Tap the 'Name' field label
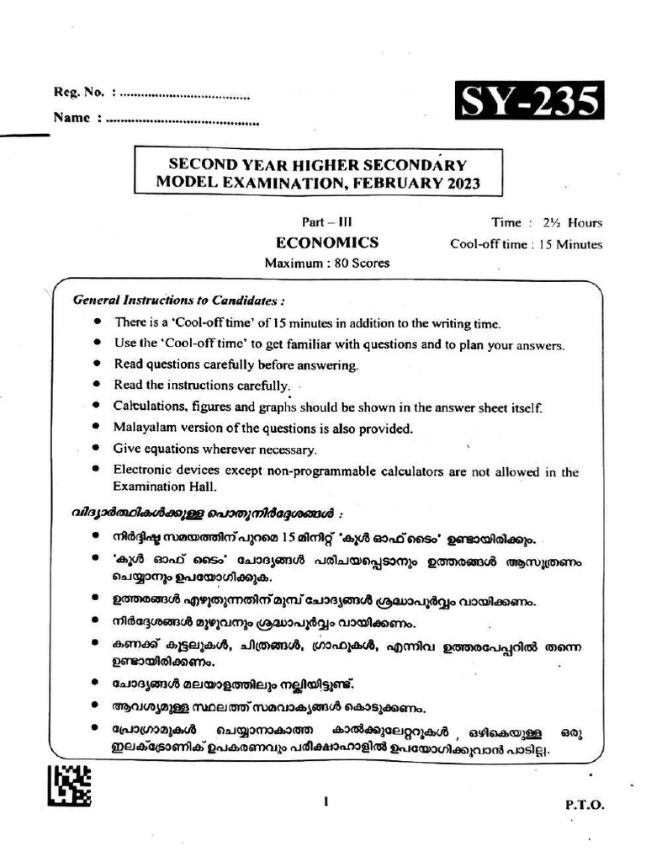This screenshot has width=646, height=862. pyautogui.click(x=71, y=119)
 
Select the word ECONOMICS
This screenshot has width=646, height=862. pyautogui.click(x=327, y=242)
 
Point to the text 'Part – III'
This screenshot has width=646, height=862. pyautogui.click(x=327, y=222)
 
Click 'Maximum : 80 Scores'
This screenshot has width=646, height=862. pyautogui.click(x=327, y=263)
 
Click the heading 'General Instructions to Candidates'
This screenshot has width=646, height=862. pyautogui.click(x=178, y=301)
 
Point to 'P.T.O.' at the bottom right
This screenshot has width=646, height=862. pyautogui.click(x=584, y=805)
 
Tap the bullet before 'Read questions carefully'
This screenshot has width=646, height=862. pyautogui.click(x=98, y=364)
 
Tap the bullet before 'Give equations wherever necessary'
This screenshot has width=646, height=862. pyautogui.click(x=98, y=448)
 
